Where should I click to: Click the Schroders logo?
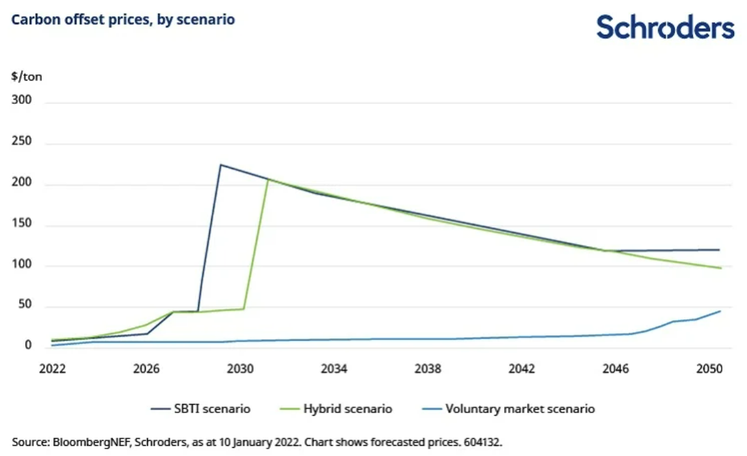[665, 27]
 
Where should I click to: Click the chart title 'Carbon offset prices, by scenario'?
[123, 20]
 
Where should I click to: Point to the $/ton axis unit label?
[27, 77]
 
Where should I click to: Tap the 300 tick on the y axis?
[24, 103]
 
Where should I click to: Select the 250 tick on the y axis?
[24, 144]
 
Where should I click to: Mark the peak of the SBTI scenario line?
[220, 165]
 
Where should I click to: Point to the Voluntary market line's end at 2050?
[720, 311]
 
